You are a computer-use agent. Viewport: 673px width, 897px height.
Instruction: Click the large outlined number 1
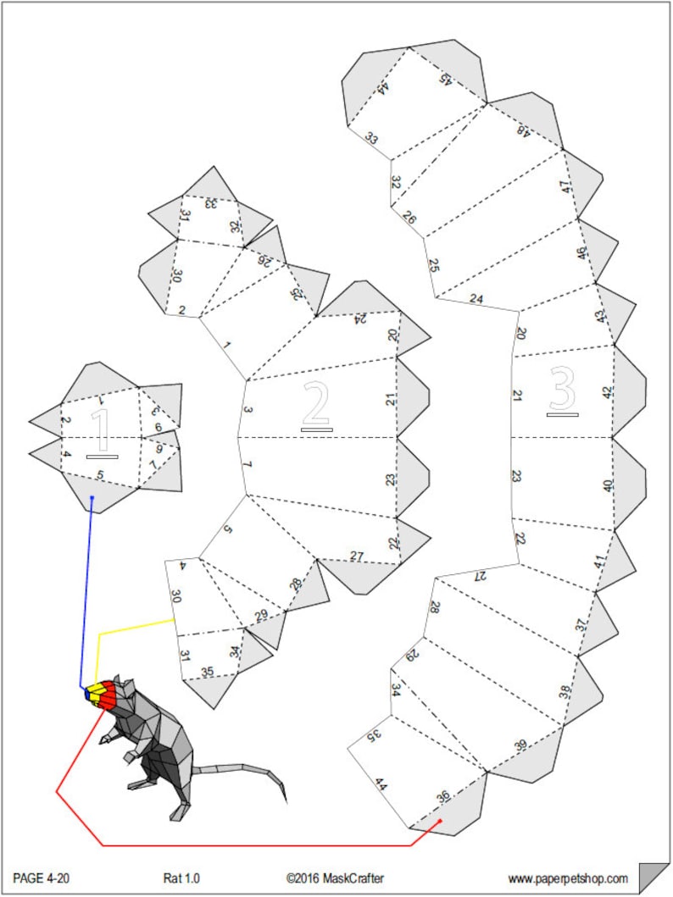[102, 429]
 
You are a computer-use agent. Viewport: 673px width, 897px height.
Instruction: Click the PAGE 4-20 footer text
[42, 878]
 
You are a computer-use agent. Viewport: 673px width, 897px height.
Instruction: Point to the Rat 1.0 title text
[181, 878]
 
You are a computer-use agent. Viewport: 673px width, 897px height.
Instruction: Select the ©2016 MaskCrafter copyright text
[335, 878]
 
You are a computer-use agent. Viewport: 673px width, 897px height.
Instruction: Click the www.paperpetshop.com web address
[568, 878]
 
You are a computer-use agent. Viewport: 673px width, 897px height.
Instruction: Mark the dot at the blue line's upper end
[92, 498]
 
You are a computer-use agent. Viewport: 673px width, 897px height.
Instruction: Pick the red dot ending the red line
[440, 821]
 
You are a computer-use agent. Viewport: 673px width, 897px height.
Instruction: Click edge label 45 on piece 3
[445, 80]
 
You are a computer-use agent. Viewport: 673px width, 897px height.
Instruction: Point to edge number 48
[523, 130]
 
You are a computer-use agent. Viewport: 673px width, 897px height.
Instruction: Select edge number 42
[607, 392]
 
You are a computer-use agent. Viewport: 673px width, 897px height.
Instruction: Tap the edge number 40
[607, 485]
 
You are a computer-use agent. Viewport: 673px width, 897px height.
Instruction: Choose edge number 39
[520, 745]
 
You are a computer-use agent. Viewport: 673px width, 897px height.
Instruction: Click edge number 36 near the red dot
[443, 796]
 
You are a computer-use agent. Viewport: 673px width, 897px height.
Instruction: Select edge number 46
[581, 252]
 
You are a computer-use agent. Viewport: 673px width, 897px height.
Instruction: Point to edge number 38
[565, 692]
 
